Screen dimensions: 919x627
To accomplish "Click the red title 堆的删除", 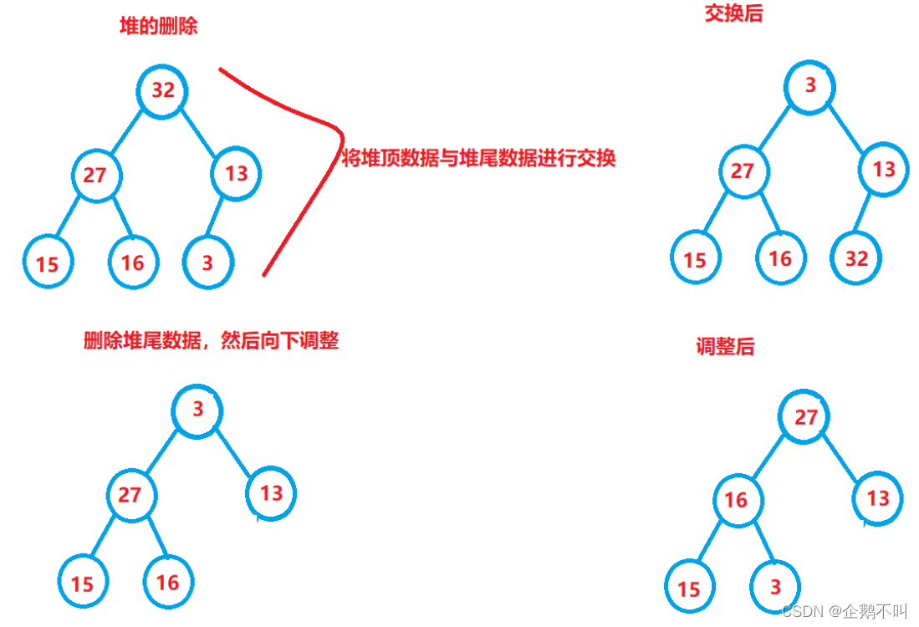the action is click(x=159, y=26).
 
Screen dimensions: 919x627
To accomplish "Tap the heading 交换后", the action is click(x=733, y=14).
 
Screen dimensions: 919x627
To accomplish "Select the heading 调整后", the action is click(x=725, y=347).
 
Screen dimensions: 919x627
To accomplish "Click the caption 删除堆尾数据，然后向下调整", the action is click(x=211, y=340).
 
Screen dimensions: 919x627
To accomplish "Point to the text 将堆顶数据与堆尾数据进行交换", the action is click(x=479, y=159).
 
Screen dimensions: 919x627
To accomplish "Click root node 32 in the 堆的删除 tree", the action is click(x=163, y=89).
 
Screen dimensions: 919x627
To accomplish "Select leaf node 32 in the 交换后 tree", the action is click(x=856, y=258).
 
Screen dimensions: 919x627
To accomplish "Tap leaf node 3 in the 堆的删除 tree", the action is click(x=207, y=263).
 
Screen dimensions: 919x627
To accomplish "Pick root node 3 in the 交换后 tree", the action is click(x=810, y=84).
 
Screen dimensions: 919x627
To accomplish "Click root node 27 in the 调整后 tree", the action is click(x=805, y=417).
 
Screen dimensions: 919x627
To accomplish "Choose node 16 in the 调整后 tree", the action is click(x=736, y=500).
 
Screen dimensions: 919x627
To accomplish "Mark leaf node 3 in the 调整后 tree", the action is click(x=775, y=586).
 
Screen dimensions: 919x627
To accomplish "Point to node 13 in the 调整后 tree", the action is click(x=877, y=498).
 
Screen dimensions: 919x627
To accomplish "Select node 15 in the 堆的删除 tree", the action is click(x=48, y=263).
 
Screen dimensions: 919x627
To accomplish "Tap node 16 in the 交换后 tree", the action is click(x=779, y=258).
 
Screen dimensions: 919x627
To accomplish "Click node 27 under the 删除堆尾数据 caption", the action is click(x=130, y=494).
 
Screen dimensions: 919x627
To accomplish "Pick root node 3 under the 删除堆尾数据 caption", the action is click(x=197, y=410).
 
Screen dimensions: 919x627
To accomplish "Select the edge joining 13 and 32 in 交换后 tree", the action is click(x=870, y=213).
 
